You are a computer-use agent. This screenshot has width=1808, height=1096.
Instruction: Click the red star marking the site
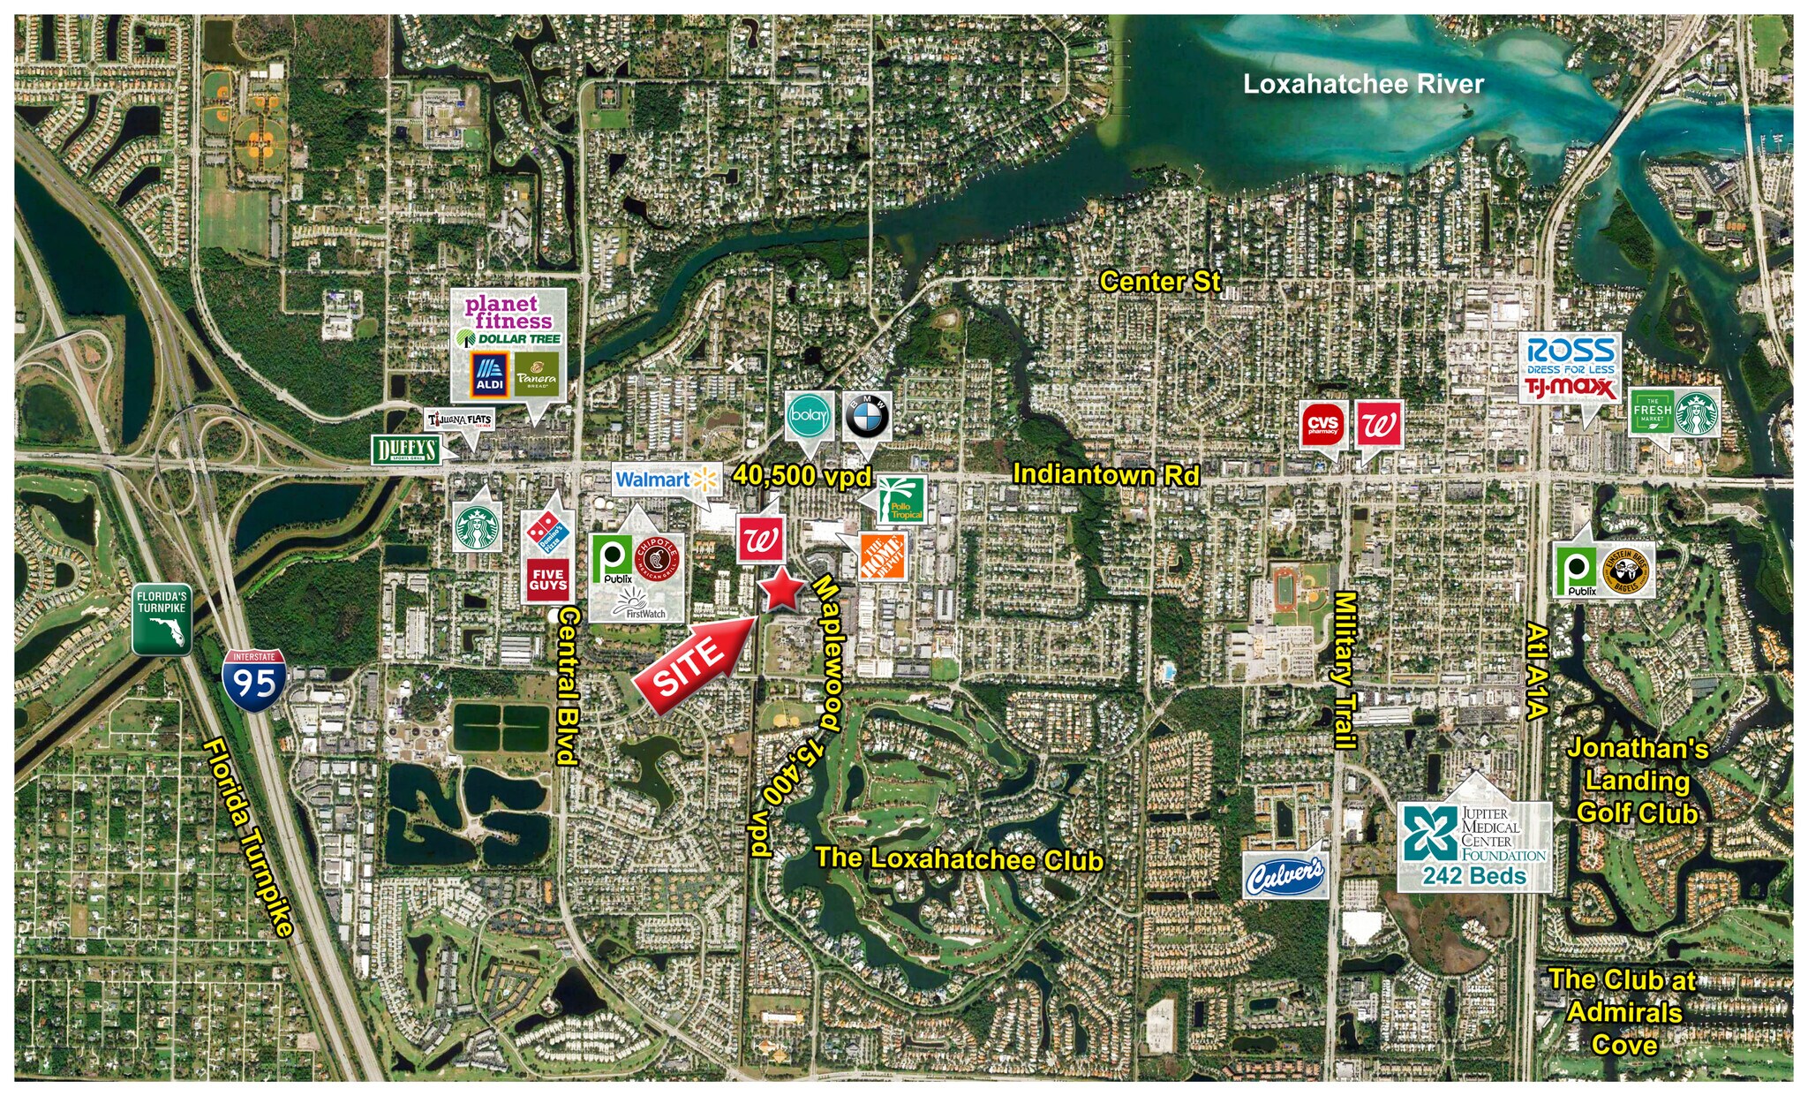(x=780, y=590)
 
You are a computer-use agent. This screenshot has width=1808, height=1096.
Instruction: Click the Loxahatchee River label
(x=1362, y=85)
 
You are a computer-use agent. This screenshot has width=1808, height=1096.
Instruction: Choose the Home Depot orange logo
(x=883, y=556)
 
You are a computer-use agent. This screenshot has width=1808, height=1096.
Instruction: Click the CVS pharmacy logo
(x=1322, y=425)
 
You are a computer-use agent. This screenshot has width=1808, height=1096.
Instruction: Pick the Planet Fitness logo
(x=508, y=312)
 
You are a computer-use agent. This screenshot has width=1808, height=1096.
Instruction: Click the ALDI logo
(x=489, y=374)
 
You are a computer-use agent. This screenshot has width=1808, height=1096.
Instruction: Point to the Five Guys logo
(x=547, y=579)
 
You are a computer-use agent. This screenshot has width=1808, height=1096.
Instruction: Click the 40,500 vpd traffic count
(x=802, y=475)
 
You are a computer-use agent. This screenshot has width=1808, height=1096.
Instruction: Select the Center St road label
(x=1159, y=281)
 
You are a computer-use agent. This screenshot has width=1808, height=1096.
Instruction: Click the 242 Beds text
(x=1473, y=876)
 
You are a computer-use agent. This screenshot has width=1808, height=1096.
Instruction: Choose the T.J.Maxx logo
(x=1571, y=388)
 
